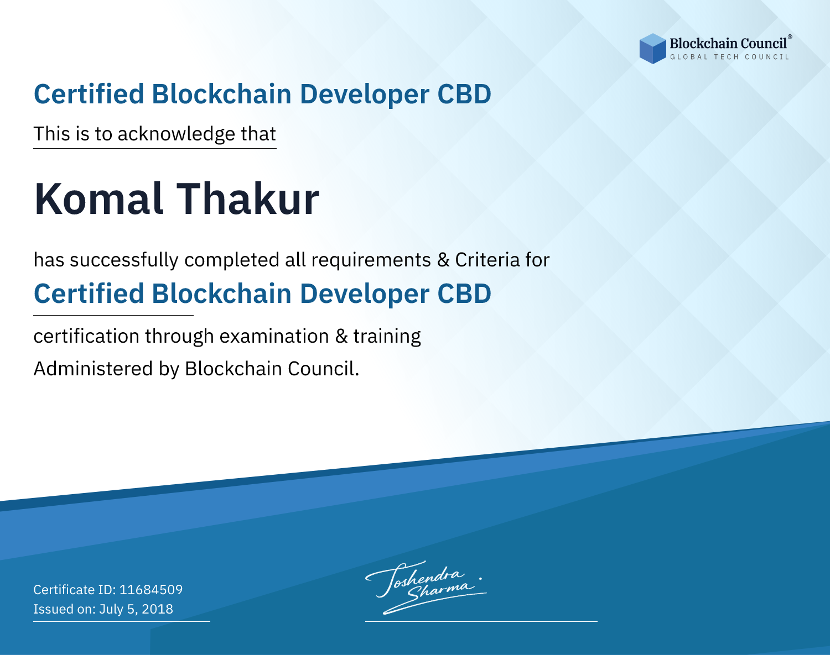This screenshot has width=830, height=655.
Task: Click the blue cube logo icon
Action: (x=652, y=49)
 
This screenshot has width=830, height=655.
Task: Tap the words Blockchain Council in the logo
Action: (x=728, y=44)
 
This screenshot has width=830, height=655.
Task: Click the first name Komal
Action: (x=98, y=199)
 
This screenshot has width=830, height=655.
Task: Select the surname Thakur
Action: (x=248, y=199)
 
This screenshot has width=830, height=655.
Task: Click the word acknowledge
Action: (x=177, y=134)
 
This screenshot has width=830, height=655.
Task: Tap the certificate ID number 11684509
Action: (x=151, y=589)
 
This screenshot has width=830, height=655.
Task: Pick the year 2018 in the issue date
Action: (x=157, y=609)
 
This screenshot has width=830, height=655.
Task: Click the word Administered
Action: (x=94, y=368)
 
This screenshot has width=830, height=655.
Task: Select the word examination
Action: (x=274, y=336)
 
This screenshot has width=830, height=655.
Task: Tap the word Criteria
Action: (x=487, y=260)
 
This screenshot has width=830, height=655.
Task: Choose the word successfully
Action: (x=124, y=260)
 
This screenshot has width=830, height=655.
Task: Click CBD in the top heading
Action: (x=464, y=94)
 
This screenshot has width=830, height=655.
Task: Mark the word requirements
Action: (x=371, y=260)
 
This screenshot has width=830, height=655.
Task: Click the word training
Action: (x=387, y=337)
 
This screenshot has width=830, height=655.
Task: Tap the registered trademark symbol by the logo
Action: (x=790, y=36)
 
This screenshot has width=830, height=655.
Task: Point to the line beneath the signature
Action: (x=481, y=621)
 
